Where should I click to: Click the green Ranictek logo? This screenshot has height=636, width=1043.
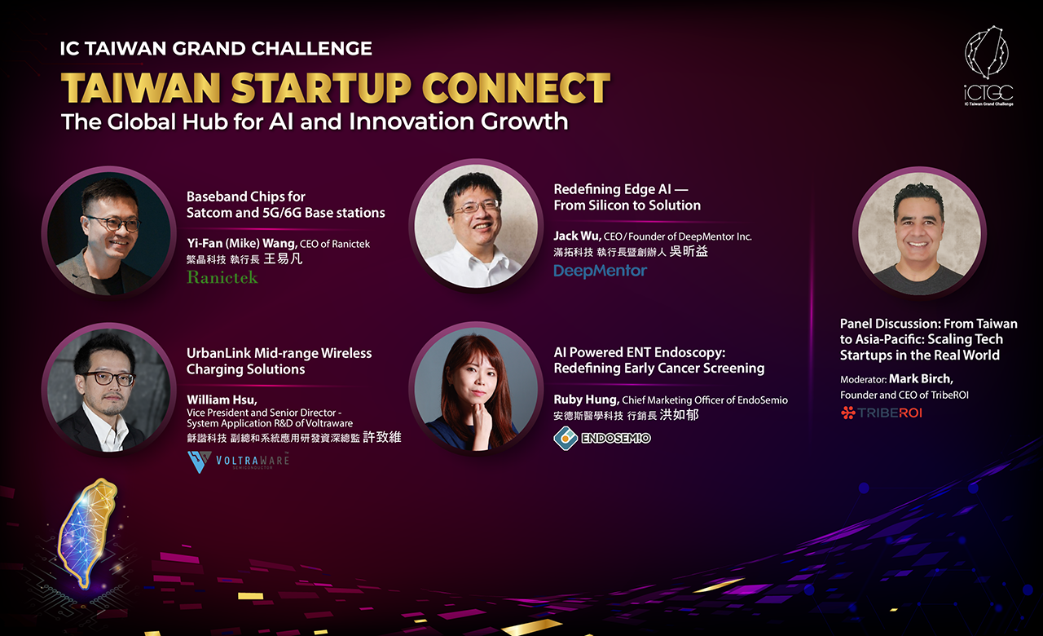(222, 277)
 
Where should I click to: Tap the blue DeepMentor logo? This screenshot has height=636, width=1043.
(601, 271)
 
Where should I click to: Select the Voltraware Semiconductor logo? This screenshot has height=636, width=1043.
(239, 462)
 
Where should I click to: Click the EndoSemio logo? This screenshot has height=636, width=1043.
(602, 438)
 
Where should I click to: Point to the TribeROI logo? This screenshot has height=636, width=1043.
(882, 413)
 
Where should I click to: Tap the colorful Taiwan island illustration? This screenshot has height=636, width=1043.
(87, 532)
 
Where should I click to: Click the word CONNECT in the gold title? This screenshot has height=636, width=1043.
(516, 87)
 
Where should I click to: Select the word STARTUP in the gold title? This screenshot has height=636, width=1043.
(321, 87)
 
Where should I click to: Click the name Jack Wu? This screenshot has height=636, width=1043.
(577, 236)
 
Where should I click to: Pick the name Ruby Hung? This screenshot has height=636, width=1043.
(586, 400)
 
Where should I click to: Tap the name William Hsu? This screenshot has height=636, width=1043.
(222, 400)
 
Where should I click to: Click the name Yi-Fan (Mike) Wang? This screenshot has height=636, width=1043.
(242, 243)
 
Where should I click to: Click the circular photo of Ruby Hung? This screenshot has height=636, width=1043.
(476, 389)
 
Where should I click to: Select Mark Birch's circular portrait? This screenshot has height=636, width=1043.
(919, 233)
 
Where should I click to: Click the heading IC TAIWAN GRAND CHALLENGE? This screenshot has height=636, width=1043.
(216, 48)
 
